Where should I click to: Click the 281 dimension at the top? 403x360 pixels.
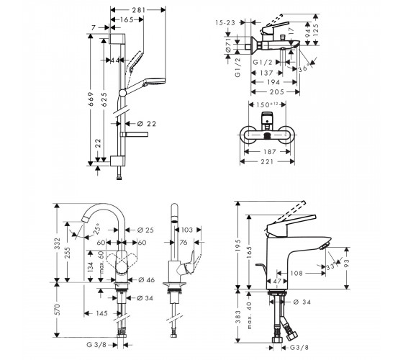139,10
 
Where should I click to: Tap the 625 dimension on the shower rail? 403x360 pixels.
104,99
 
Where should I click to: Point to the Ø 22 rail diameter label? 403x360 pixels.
147,124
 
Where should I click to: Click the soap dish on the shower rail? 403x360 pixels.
134,134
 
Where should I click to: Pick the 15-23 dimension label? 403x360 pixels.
225,23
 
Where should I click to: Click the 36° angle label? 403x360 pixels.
304,68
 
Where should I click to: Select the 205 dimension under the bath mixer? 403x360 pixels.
277,92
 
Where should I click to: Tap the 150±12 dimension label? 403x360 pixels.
267,104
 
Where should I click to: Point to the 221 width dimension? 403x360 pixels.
267,161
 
